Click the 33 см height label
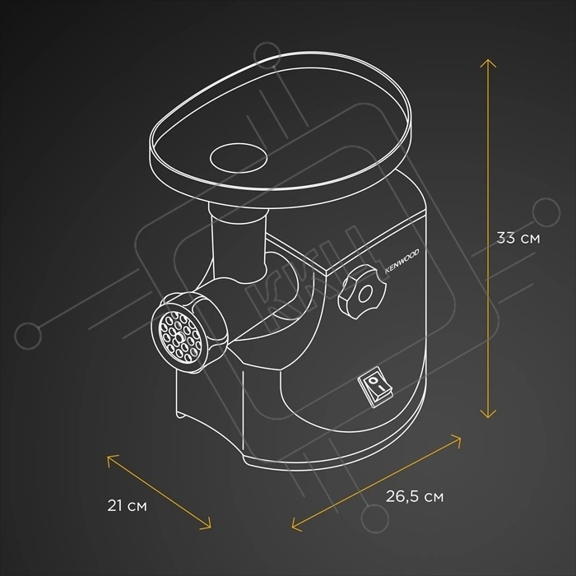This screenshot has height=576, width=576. click(518, 239)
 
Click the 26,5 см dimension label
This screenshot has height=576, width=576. click(416, 496)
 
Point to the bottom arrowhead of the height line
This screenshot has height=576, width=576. click(489, 416)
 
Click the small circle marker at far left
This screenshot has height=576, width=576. click(33, 335)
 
